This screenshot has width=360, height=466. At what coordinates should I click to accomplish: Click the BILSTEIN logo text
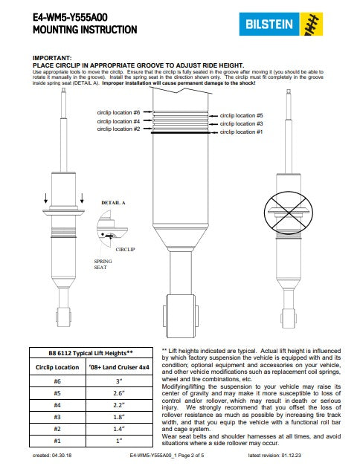[269, 24]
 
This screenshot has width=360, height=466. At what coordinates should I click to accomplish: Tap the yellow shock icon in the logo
[311, 24]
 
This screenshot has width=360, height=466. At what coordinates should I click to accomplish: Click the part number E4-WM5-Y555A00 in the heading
[70, 18]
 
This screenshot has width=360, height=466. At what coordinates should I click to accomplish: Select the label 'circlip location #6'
[118, 113]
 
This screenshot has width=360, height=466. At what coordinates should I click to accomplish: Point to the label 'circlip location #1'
[241, 132]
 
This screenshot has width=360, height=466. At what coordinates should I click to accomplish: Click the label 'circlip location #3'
[241, 123]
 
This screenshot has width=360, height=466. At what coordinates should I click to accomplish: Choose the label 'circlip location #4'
[118, 121]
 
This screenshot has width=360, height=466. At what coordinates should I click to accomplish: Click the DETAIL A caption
[113, 203]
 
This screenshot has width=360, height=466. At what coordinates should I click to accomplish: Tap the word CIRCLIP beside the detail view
[125, 249]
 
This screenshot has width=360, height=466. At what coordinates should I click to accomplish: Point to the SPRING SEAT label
[103, 264]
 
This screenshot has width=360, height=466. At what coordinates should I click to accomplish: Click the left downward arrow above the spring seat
[45, 198]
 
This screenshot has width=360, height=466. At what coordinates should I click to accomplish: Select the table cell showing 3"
[119, 381]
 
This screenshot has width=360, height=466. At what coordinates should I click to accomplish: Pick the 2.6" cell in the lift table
[119, 393]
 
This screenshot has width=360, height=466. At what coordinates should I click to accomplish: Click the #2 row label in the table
[57, 429]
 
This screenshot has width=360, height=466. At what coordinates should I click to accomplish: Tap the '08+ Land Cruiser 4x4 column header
[119, 367]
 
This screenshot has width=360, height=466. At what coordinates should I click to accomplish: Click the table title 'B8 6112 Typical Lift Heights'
[91, 353]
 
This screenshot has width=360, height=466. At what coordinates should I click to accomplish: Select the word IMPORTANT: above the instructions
[52, 58]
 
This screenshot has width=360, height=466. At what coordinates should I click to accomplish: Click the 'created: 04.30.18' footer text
[52, 456]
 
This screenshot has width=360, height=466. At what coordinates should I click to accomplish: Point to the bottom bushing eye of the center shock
[181, 316]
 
